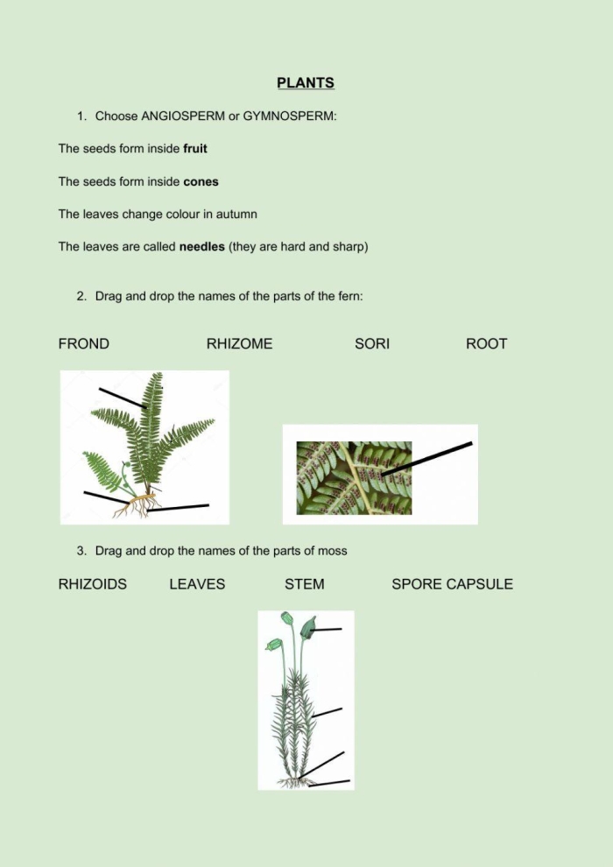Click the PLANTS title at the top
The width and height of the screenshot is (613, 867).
[x=306, y=83]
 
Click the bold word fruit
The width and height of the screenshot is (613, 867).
[x=195, y=149]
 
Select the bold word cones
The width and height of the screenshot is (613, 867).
[x=201, y=182]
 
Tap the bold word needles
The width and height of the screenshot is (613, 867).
[x=201, y=247]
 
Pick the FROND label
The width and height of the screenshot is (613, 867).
[x=84, y=344]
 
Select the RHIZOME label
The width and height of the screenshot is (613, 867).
[x=239, y=344]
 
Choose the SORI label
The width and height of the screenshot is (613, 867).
[x=372, y=344]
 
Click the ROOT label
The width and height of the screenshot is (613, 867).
[x=486, y=344]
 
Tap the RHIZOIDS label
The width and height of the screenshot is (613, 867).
[x=93, y=584]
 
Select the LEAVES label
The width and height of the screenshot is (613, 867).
[x=197, y=584]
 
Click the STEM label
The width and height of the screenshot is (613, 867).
[x=304, y=584]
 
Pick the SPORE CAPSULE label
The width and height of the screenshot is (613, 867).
[x=452, y=584]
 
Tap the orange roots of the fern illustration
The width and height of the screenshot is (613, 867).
[x=140, y=504]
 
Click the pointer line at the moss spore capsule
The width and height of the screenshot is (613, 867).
[x=327, y=629]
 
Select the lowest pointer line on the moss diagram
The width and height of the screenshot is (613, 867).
[x=329, y=782]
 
